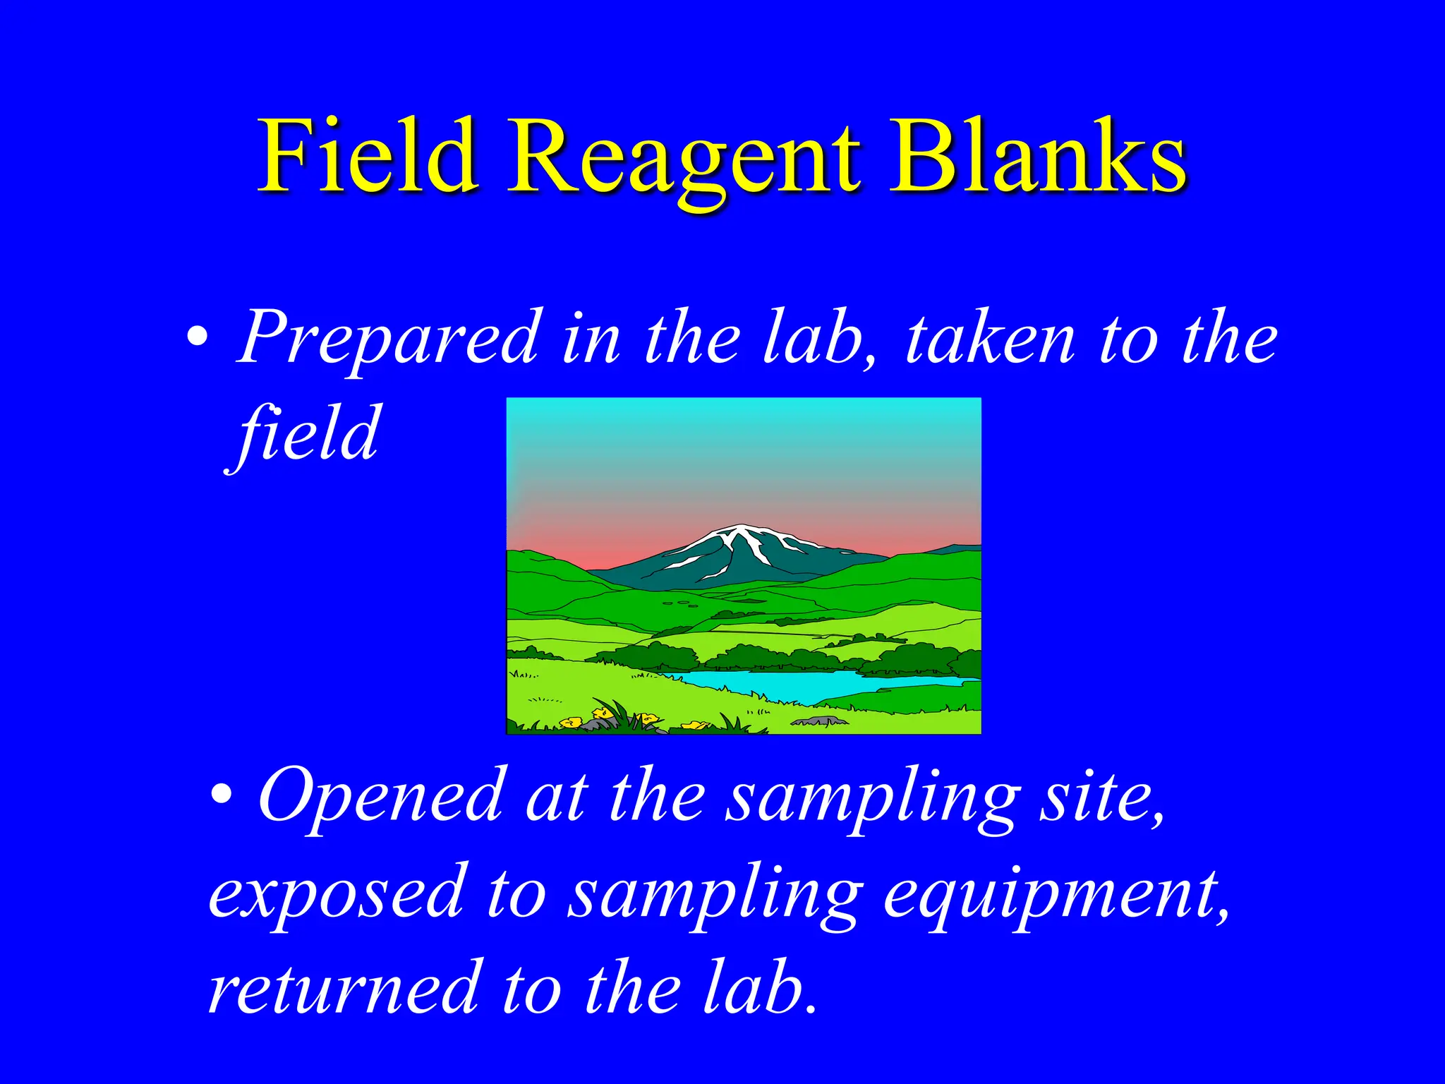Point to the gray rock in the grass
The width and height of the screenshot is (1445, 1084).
click(818, 721)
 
